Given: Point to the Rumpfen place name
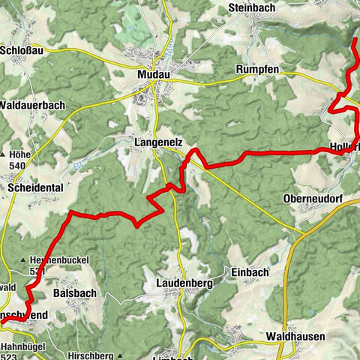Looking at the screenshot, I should pos(259,70).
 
